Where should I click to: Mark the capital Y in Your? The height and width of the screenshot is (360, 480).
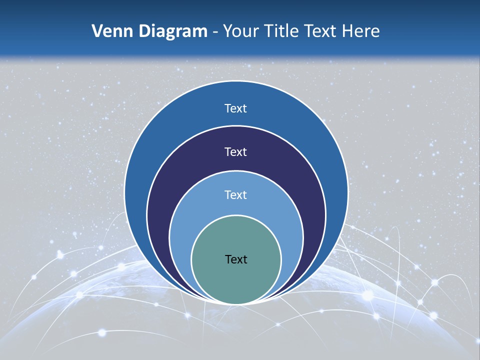point(228,31)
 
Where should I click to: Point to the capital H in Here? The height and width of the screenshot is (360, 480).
point(347,31)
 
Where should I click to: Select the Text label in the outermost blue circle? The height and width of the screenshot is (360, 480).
point(236,108)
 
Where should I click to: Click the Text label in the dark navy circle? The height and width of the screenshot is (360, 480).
point(236,152)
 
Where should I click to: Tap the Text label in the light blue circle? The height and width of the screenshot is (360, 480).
point(236,195)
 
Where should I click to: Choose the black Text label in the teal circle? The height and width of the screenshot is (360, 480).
point(236,259)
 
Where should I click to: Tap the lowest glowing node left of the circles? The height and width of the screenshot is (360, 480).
point(102,332)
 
